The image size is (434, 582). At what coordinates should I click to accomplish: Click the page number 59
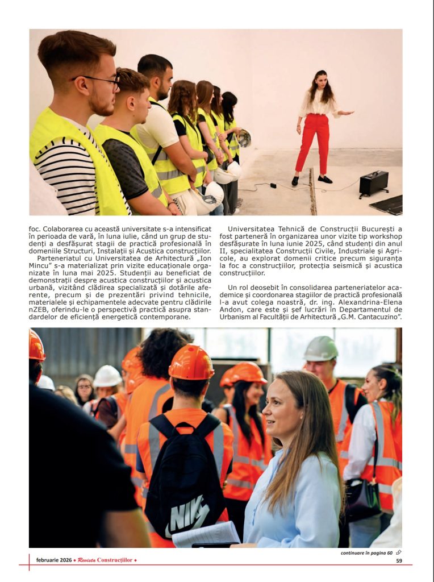[399, 560]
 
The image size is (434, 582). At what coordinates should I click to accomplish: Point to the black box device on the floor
[374, 184]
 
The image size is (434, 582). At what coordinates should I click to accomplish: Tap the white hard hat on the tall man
[320, 348]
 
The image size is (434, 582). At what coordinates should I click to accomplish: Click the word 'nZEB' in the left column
[38, 310]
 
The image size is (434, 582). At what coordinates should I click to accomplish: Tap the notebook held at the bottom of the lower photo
[205, 535]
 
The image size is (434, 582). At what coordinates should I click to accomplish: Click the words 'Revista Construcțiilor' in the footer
[105, 560]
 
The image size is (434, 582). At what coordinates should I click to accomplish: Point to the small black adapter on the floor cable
[273, 185]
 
